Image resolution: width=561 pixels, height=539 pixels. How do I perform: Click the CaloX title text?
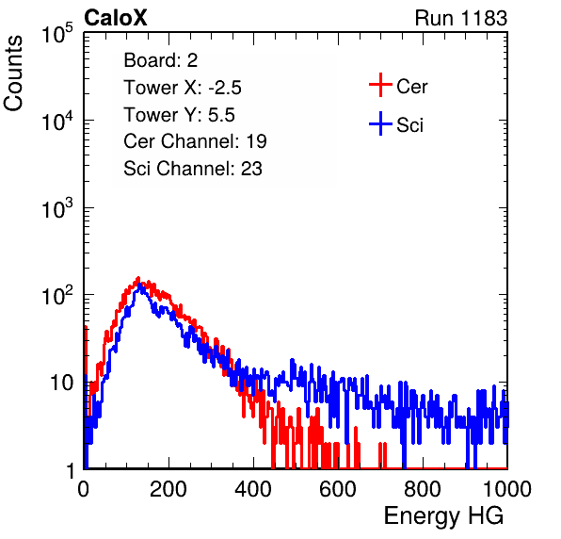pos(116,18)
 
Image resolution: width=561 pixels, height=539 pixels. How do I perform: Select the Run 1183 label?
pos(461,18)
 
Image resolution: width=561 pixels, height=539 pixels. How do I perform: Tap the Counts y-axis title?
pos(13,73)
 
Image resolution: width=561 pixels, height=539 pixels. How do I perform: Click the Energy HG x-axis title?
pos(443,515)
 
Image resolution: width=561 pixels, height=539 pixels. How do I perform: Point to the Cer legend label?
pos(411,87)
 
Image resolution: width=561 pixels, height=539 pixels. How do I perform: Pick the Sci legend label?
pos(409,125)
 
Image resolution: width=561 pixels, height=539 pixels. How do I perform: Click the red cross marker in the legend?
pos(380,85)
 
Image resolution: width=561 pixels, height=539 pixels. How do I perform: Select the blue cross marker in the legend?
pos(380,124)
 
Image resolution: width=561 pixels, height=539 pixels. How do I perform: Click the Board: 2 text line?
pos(161,60)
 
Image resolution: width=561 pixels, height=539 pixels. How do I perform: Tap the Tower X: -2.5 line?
pos(183,88)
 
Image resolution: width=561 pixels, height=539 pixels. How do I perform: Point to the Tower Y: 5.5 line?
pos(179,115)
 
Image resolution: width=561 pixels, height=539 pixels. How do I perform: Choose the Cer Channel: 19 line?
pos(195,141)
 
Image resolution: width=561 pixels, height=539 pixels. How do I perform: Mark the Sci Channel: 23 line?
pos(193,169)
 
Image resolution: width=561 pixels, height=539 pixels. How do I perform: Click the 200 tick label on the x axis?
pos(168,488)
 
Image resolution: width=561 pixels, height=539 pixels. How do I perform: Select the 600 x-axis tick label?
pos(338,488)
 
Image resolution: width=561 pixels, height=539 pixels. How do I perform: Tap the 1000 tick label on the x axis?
pos(507,488)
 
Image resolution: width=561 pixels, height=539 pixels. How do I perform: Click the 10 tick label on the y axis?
pos(62,383)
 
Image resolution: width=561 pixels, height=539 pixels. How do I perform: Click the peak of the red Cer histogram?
pos(138,278)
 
